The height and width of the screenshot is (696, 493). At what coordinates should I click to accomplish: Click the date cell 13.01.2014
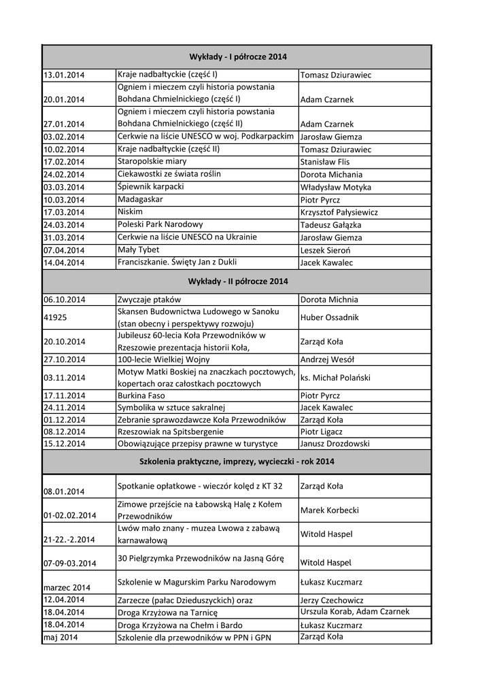coord(64,75)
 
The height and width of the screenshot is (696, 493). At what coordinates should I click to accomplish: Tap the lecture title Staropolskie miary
coord(152,162)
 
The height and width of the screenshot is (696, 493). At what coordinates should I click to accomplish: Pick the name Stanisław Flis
coord(324,162)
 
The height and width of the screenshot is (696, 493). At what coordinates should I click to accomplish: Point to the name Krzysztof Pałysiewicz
coord(339,213)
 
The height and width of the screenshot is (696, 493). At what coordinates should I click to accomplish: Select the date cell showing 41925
coord(55,317)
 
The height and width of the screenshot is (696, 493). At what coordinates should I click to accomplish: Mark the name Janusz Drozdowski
coord(335,444)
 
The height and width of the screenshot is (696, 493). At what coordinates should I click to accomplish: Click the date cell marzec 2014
coord(67,587)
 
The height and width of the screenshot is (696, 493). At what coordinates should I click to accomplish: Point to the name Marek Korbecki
coord(329,510)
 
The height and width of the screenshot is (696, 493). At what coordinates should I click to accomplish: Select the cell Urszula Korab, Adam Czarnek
coord(354,612)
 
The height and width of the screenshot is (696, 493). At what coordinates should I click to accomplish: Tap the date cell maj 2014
coord(61,638)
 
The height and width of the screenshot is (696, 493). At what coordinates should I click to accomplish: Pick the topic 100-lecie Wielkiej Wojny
coord(164,360)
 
